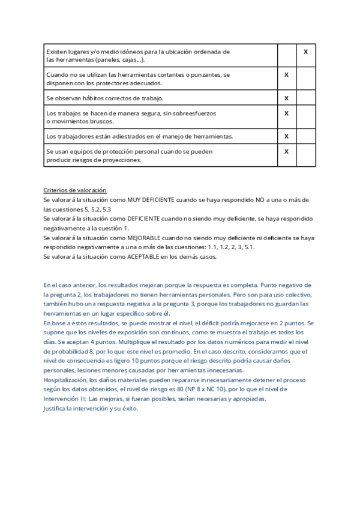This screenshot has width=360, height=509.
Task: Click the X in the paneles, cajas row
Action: [305, 52]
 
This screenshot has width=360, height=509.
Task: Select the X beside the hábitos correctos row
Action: [286, 98]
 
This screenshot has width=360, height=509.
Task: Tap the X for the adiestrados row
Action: [286, 136]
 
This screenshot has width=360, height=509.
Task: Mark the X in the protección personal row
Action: [286, 152]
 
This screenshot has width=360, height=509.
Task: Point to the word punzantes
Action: [200, 75]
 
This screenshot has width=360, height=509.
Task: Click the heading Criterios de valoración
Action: [75, 190]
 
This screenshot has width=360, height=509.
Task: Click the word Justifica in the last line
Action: [56, 409]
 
